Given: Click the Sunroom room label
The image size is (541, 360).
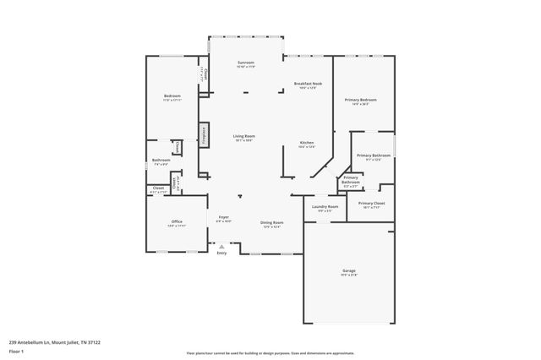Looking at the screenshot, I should [245, 63].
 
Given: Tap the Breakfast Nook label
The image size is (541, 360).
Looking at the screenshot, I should [308, 83].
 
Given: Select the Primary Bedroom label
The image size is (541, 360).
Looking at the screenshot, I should [360, 100].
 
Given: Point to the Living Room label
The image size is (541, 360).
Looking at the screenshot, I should [245, 136].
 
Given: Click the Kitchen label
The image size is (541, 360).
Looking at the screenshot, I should [307, 142].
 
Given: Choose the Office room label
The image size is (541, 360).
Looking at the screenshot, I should [177, 221].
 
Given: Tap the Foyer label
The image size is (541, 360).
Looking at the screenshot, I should [224, 217].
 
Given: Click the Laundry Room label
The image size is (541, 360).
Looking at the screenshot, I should [325, 206].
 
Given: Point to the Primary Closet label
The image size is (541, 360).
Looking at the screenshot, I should [371, 203].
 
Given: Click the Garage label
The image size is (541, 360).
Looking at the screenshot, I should [349, 270].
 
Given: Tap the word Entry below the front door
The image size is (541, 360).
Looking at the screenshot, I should [221, 254].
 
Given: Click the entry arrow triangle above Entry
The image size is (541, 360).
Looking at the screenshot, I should [221, 247].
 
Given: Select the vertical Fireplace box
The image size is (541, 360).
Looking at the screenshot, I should [204, 135].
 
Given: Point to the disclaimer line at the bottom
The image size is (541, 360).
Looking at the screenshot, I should [270, 353].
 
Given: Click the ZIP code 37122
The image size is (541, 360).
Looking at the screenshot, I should [94, 342].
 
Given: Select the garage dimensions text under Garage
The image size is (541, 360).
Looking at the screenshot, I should [349, 275].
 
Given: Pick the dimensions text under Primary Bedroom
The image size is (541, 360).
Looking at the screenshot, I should [360, 105].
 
